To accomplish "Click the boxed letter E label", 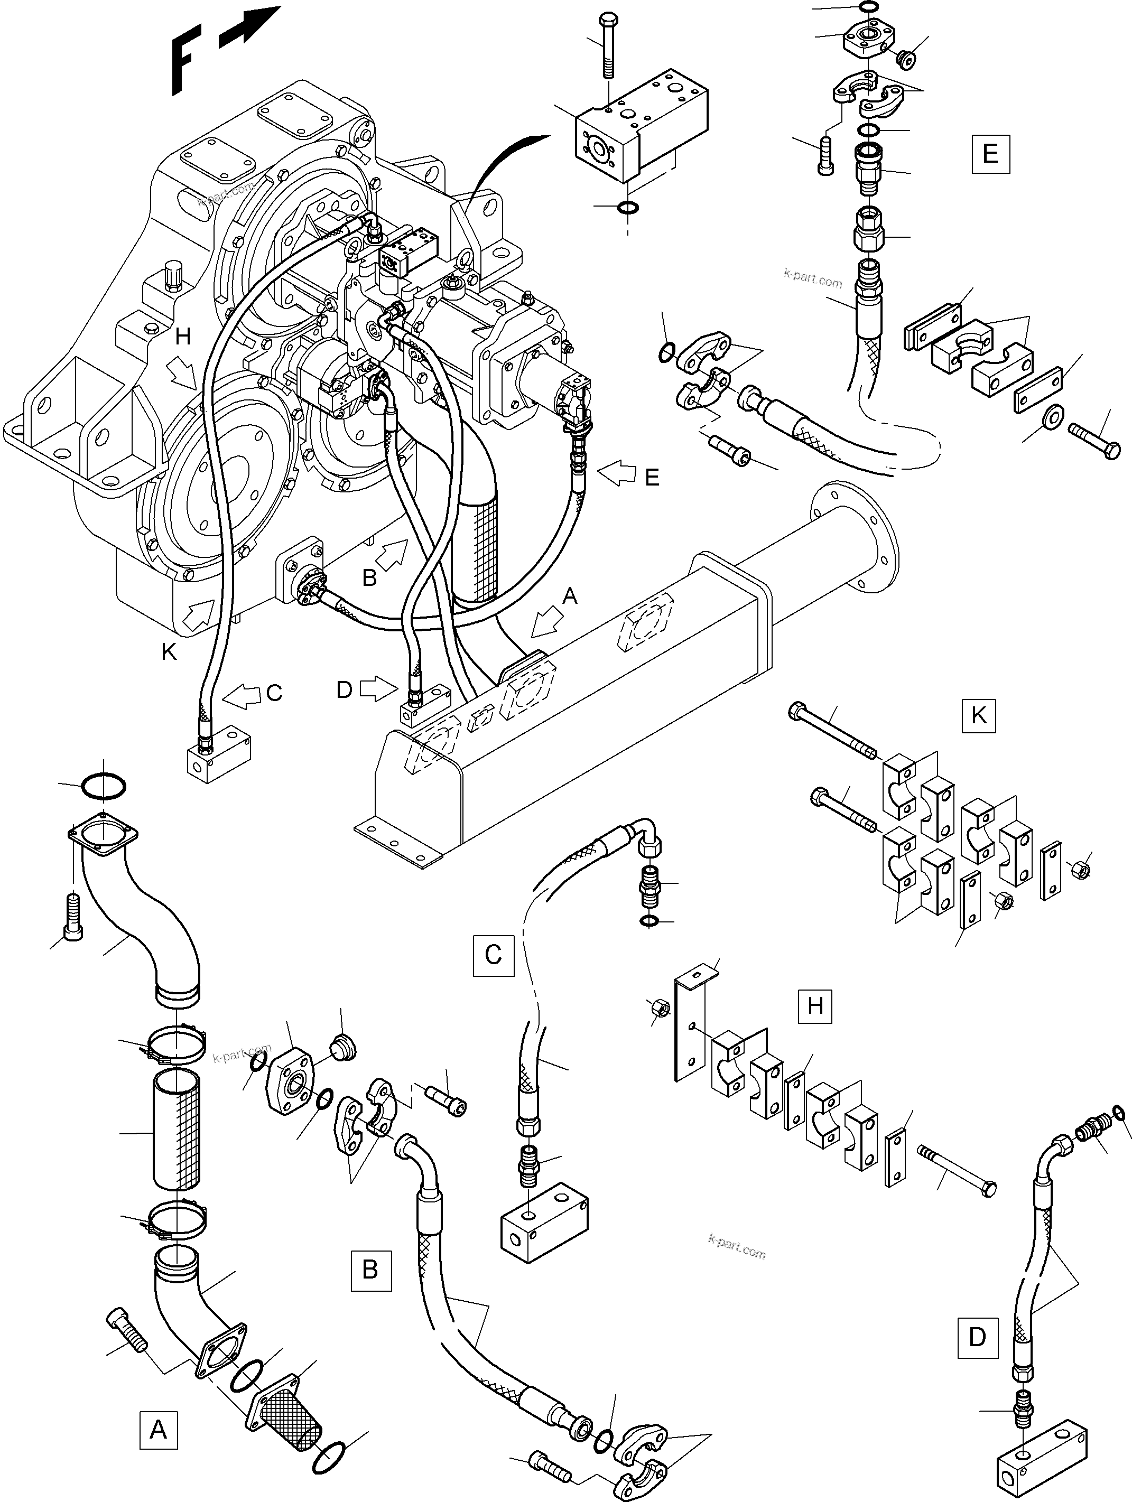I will (x=989, y=154).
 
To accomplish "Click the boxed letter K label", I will (x=979, y=716).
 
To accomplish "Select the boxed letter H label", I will (x=815, y=1005).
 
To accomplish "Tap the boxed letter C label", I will (x=493, y=955).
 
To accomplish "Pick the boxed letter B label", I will (x=370, y=1270).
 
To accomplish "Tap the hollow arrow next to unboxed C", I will (x=243, y=693).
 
